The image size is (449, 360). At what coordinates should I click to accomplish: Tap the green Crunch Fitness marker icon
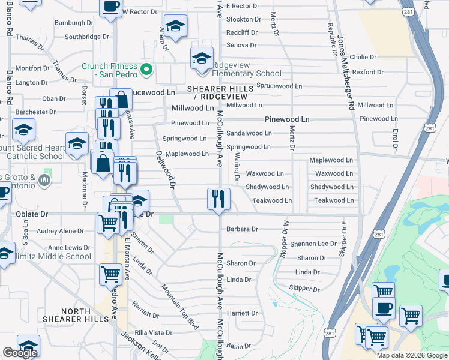point(145,71)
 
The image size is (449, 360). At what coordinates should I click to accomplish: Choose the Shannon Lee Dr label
point(313,244)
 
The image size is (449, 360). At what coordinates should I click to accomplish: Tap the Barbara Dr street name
point(242,229)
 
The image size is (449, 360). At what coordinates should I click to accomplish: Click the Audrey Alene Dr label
point(61,231)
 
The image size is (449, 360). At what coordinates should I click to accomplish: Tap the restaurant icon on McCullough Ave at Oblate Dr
point(218,199)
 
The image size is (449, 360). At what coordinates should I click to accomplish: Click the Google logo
point(20,353)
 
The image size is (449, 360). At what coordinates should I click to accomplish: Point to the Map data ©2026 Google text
point(412,355)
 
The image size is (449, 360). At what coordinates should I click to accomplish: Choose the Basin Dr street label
point(238,346)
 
